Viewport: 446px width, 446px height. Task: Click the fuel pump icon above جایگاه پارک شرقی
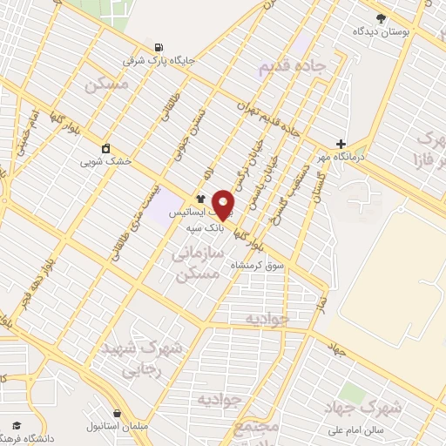(x=158, y=46)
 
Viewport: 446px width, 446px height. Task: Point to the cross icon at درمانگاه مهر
(x=341, y=144)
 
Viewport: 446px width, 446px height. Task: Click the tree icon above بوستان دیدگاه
(x=380, y=17)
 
